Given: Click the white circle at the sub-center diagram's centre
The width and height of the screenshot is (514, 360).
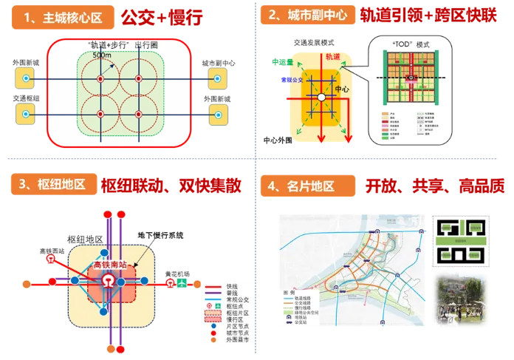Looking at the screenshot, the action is pos(321,97).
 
